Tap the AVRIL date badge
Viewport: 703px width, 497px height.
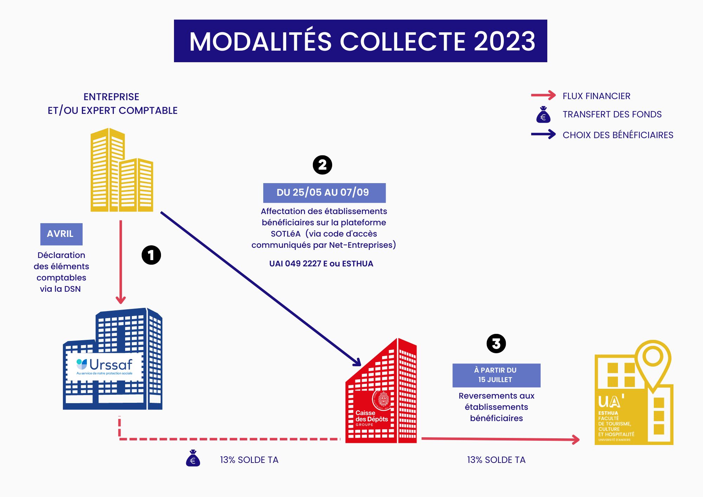click(61, 234)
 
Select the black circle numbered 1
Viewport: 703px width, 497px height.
click(151, 255)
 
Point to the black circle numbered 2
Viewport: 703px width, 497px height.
click(322, 165)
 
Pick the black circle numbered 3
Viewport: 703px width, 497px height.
click(496, 344)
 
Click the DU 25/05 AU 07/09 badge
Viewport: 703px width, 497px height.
click(324, 193)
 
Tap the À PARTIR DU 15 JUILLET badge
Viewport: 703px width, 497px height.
click(496, 375)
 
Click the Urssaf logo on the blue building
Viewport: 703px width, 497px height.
click(104, 366)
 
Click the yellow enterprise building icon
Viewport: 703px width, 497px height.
click(121, 170)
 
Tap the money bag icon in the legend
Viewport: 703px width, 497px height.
click(543, 115)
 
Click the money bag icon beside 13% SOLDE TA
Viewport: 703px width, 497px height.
click(193, 458)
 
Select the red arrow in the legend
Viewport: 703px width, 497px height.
click(543, 95)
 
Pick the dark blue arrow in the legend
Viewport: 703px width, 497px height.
click(543, 134)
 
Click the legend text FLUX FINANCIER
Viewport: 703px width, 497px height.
click(596, 96)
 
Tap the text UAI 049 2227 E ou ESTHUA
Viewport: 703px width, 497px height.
click(321, 264)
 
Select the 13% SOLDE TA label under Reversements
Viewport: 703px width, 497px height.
click(496, 460)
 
